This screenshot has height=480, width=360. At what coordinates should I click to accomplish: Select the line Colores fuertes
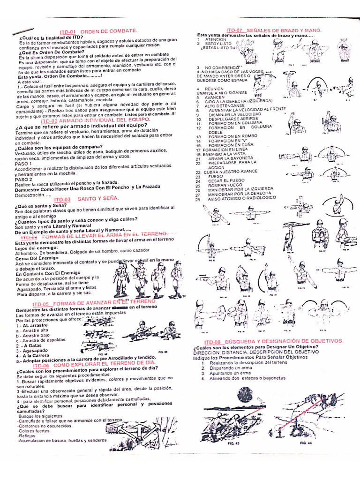click(34, 431)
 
